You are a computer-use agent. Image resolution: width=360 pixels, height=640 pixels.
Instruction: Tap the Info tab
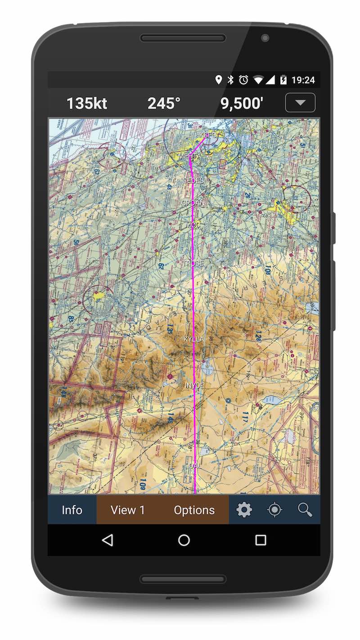(72, 510)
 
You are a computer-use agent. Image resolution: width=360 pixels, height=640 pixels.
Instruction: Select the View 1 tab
(128, 510)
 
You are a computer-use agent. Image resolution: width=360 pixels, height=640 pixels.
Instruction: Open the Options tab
(194, 510)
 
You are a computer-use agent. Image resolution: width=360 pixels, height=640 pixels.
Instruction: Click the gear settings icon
(244, 510)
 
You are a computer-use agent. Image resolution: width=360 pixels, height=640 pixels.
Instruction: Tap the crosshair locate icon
(274, 510)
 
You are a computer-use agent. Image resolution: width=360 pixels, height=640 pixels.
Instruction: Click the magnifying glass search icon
(305, 510)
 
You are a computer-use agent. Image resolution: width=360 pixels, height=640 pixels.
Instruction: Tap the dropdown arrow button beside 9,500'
(300, 103)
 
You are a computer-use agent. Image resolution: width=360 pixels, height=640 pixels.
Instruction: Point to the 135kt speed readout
(87, 104)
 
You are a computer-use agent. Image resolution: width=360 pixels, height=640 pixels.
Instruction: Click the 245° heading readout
(164, 104)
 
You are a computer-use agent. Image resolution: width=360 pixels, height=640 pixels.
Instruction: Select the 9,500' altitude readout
(242, 104)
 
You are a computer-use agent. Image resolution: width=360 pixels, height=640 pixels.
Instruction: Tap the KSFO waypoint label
(208, 135)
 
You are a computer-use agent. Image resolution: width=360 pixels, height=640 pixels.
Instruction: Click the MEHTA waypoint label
(189, 156)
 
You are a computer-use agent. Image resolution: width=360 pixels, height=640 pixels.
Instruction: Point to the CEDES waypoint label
(193, 180)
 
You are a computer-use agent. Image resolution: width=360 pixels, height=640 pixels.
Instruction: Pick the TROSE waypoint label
(193, 263)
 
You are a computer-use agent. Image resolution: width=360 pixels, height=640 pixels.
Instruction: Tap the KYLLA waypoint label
(194, 339)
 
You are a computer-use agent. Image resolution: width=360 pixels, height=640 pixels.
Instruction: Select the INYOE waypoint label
(195, 386)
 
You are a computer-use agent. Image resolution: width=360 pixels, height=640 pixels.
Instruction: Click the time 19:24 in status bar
(303, 80)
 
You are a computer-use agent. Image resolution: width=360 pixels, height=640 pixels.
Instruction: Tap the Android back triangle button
(107, 540)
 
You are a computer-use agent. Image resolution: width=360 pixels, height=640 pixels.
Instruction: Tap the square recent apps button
(261, 540)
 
